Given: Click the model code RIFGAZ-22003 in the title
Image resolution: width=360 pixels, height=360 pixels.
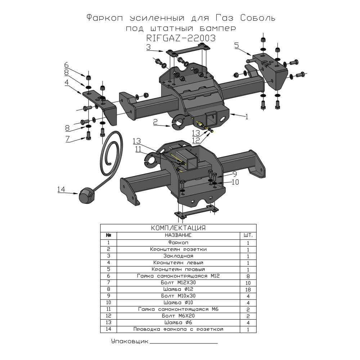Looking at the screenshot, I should click(181, 38).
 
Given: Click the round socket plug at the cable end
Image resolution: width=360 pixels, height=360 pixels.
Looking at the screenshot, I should click(86, 196).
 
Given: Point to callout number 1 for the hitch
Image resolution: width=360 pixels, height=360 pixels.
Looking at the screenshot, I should click(247, 116).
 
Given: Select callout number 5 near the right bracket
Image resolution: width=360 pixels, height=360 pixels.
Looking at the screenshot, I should click(236, 45).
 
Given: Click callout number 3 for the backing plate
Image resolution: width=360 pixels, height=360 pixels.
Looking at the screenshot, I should click(148, 47).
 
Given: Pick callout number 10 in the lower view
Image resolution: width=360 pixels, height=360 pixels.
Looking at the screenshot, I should click(235, 182).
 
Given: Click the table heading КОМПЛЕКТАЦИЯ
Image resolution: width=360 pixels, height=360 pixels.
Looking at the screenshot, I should click(178, 228).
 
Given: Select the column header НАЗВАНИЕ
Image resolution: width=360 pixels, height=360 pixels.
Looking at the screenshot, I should click(178, 235).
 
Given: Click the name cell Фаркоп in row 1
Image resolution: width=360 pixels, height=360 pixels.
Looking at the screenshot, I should click(178, 243).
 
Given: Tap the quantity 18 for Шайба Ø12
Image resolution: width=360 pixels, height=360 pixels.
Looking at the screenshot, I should click(248, 289).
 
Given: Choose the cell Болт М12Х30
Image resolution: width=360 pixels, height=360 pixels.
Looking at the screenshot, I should click(178, 283).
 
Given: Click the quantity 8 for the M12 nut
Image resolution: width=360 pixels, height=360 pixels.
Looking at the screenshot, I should click(248, 276).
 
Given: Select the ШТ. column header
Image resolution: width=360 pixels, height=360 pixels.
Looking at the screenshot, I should click(248, 235).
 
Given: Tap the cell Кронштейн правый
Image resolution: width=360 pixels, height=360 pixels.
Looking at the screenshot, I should click(178, 269).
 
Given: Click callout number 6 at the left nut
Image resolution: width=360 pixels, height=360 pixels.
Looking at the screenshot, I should click(66, 65).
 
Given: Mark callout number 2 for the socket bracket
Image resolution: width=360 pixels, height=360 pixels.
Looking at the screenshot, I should click(156, 123).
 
